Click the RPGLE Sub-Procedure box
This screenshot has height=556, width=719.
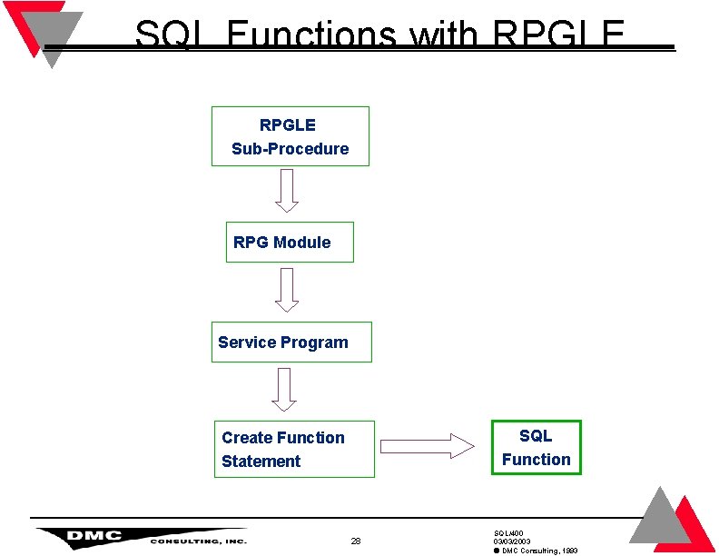click(x=291, y=136)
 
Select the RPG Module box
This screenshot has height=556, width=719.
click(x=290, y=243)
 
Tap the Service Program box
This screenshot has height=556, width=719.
click(x=291, y=342)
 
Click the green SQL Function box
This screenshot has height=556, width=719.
click(x=536, y=447)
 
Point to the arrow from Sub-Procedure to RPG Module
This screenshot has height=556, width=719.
click(x=287, y=191)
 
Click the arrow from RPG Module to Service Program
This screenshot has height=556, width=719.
click(x=287, y=291)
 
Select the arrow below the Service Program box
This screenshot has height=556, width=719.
click(x=285, y=389)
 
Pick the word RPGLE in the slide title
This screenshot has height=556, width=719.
click(x=558, y=36)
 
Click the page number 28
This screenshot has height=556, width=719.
click(x=356, y=541)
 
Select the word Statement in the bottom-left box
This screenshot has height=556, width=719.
click(x=261, y=462)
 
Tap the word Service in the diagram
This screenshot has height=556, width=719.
click(x=247, y=343)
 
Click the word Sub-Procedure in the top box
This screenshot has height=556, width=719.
click(x=290, y=149)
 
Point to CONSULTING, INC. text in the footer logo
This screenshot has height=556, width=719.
click(x=198, y=541)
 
